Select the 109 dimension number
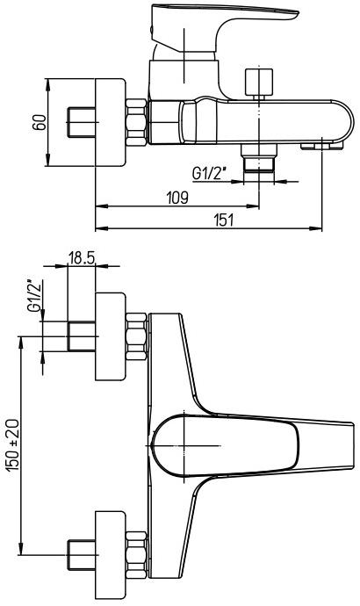click(x=176, y=198)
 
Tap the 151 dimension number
click(x=225, y=220)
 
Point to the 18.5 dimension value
click(x=81, y=259)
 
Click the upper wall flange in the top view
click(x=110, y=335)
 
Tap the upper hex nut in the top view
click(x=136, y=335)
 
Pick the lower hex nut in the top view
click(x=136, y=555)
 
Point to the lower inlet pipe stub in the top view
click(x=81, y=556)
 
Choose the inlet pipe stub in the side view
click(x=81, y=123)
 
